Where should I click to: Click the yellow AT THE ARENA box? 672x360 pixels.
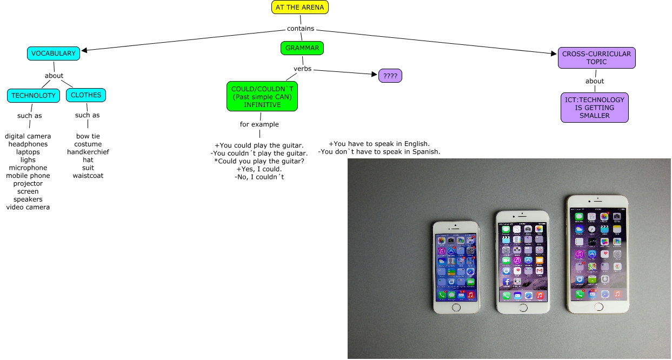(300, 8)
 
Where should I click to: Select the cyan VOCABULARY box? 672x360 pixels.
(54, 54)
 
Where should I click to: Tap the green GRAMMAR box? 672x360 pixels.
(302, 48)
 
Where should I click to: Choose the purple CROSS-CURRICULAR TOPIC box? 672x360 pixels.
(596, 58)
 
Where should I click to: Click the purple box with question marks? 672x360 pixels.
(390, 76)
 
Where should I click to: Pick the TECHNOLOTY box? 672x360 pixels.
(34, 96)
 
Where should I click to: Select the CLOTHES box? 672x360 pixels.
(86, 95)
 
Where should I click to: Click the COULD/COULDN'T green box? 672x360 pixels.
(262, 96)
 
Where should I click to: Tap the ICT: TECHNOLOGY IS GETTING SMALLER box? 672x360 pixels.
(595, 108)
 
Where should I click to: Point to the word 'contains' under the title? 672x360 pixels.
(301, 29)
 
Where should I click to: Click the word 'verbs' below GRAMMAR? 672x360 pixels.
(302, 69)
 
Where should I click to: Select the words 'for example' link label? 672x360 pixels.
(260, 124)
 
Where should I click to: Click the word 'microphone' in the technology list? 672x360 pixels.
(28, 168)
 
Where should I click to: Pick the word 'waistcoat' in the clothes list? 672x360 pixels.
(88, 176)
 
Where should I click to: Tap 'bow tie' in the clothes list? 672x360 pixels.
(88, 136)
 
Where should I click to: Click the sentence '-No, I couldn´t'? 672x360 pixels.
(260, 177)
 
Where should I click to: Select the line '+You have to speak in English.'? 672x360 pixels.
(379, 144)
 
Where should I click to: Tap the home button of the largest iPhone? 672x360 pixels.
(598, 306)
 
